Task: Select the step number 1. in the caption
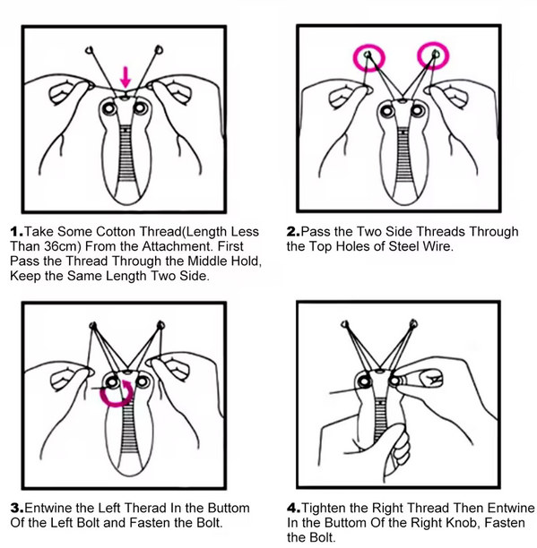tap(16, 232)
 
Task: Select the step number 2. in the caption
tap(293, 232)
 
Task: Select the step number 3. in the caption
tap(16, 508)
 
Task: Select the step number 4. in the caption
tap(293, 508)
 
